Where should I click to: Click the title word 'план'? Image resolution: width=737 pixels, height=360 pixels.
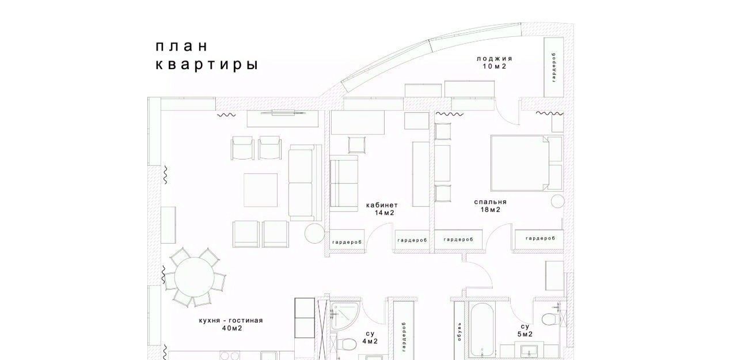tap(181, 47)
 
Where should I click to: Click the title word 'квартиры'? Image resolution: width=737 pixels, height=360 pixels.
tap(207, 65)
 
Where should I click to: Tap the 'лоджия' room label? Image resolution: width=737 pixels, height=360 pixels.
tap(495, 59)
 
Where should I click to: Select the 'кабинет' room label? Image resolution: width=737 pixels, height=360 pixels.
tap(382, 205)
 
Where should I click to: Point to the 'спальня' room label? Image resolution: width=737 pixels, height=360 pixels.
tap(490, 202)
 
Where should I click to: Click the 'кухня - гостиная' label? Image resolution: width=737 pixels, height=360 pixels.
tap(231, 320)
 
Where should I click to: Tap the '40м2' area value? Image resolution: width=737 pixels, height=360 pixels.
tap(232, 328)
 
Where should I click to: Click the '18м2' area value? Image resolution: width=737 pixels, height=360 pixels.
tap(491, 210)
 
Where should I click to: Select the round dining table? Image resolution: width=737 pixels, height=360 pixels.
tap(195, 277)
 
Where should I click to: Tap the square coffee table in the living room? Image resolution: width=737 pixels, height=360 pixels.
tap(261, 190)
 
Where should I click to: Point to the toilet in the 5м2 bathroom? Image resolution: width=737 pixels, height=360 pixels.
tap(550, 319)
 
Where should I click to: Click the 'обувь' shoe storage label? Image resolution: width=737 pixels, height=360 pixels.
tap(459, 331)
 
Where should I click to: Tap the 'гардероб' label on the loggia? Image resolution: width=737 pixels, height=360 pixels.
tap(554, 67)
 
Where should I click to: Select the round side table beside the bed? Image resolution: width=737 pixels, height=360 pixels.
tap(558, 201)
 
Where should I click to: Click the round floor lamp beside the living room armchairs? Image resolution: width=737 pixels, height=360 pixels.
tap(314, 234)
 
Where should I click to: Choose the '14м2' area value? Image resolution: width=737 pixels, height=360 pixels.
tap(384, 213)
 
